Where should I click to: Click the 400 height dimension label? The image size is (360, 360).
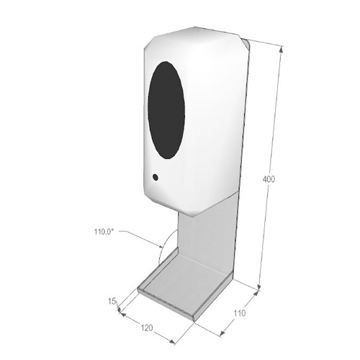(269, 179)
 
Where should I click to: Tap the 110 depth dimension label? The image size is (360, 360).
(239, 313)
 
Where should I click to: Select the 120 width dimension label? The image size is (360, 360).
(147, 328)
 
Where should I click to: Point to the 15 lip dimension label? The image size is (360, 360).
(112, 301)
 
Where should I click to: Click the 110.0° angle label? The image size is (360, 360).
(104, 232)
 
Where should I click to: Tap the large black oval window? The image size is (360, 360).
(166, 110)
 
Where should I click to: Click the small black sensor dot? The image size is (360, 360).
(156, 177)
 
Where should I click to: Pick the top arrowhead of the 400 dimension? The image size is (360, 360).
(282, 49)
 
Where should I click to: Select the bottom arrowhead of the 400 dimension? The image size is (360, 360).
(259, 287)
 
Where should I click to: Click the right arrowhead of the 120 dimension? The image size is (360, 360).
(172, 342)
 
